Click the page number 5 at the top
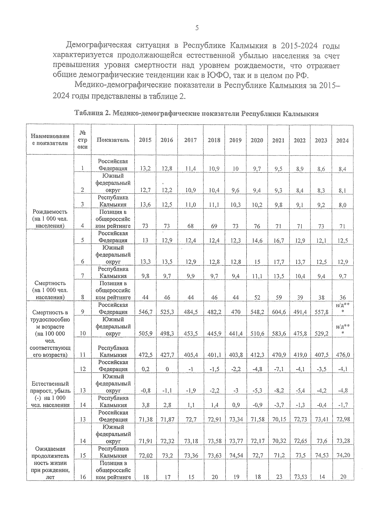tap(197, 28)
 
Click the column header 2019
tap(235, 140)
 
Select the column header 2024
tap(342, 141)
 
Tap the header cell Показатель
tap(113, 140)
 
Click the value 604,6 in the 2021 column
tap(278, 312)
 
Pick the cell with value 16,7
tap(278, 241)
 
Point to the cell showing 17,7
tap(278, 262)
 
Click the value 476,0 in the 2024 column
tap(343, 355)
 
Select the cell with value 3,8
tap(145, 405)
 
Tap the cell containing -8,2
tap(278, 391)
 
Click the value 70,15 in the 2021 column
tap(278, 419)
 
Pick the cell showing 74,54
tap(236, 456)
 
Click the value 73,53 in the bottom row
tap(300, 477)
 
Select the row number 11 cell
tap(83, 355)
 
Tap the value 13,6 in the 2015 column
tap(145, 204)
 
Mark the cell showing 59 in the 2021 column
tap(278, 298)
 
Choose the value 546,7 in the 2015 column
tap(145, 312)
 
